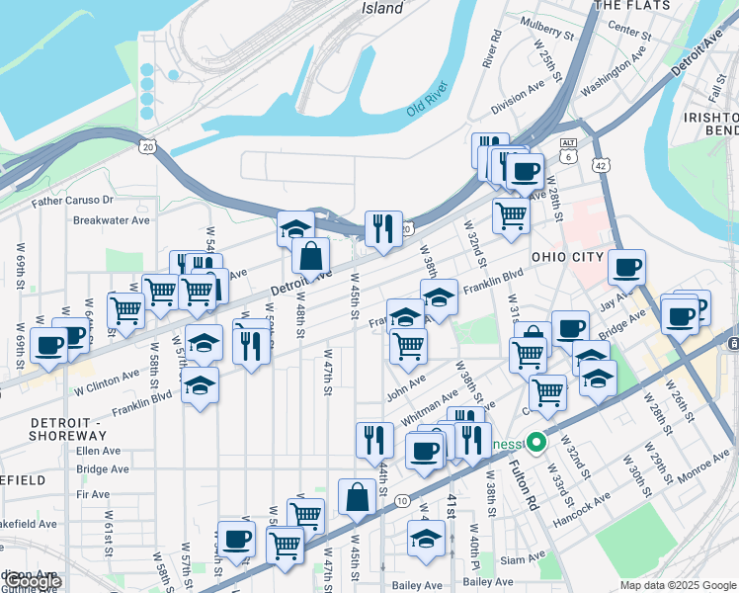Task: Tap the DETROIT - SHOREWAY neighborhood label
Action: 67,429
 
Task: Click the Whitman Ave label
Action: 429,401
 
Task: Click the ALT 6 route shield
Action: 567,149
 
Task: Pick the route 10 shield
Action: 401,502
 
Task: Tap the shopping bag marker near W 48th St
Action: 310,256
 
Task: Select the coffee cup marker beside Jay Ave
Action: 626,267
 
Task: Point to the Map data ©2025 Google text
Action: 677,585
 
